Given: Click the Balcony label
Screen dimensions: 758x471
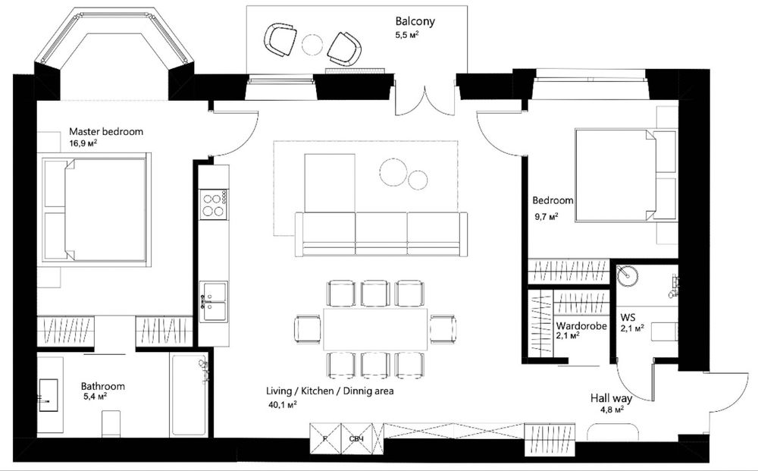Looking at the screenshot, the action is point(415,21).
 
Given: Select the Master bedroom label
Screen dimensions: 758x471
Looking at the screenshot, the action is point(106,131).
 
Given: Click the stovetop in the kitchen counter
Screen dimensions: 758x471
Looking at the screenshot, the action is point(214,205).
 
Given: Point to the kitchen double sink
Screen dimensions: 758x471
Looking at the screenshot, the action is point(215,301).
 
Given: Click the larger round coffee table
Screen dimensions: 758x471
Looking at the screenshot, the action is point(393,172).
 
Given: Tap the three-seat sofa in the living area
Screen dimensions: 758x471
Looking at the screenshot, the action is point(381,234).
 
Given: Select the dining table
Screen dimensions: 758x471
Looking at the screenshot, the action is point(376,329).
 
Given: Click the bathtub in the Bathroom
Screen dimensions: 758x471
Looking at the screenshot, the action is point(189,394).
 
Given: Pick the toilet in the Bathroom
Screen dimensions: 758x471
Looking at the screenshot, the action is point(111,424).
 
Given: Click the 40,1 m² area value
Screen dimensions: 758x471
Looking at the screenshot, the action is point(281,403).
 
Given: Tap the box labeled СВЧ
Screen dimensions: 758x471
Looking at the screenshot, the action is point(357,438).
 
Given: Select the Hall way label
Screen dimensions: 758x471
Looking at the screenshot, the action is point(611,398).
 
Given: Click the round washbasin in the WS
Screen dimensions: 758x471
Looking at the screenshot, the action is point(628,275).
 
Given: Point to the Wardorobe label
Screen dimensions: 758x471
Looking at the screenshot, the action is point(581,326).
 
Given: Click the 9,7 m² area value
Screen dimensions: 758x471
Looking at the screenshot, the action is point(547,215).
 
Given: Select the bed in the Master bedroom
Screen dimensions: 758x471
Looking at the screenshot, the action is point(94,209).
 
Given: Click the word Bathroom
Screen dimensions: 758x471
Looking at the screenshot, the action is point(102,386).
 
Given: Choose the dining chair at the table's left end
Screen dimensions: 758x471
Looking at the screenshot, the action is point(307,329).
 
